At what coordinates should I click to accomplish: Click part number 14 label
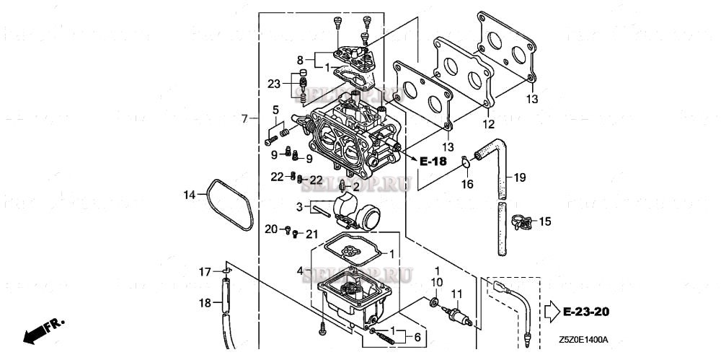pos(189,194)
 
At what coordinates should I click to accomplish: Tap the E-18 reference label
pos(433,161)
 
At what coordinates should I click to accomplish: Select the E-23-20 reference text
pos(586,312)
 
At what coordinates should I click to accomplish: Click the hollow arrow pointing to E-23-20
pos(551,312)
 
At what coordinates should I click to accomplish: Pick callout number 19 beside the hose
pos(520,177)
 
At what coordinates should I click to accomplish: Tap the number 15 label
pos(545,221)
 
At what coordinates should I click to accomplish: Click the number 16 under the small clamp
pos(467,185)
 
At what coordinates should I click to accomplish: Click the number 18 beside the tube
pos(206,304)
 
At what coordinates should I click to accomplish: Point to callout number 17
pos(205,272)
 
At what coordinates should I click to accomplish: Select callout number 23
pos(274,84)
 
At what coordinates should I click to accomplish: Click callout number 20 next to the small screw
pos(270,229)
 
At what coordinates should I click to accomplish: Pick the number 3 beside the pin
pos(299,207)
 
